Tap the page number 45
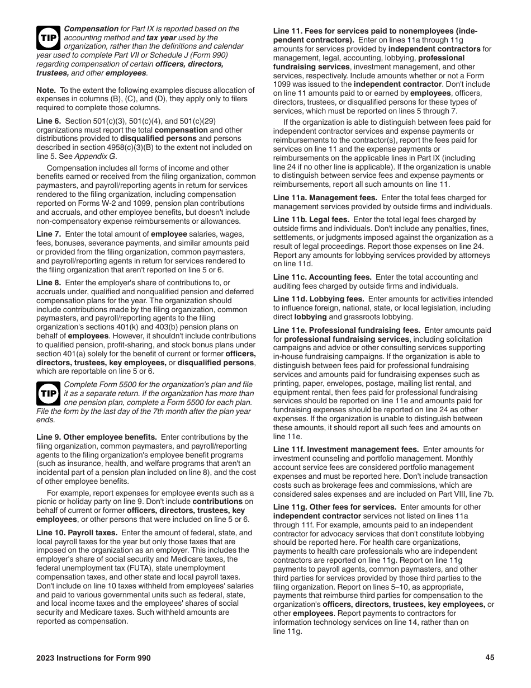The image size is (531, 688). (490, 658)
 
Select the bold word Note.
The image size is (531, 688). (46, 91)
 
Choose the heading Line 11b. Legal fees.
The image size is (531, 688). (311, 220)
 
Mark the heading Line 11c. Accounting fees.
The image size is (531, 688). (322, 277)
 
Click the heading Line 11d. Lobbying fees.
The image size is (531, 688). (319, 299)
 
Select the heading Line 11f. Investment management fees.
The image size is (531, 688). (346, 450)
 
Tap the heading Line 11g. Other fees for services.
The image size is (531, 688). (335, 507)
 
